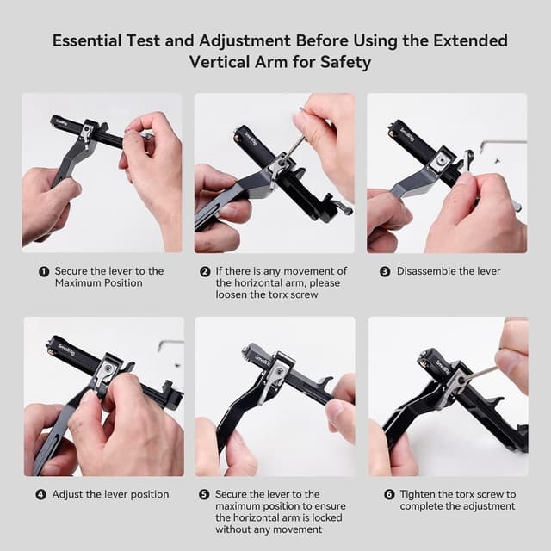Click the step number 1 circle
[x=44, y=271]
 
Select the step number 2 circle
[x=205, y=271]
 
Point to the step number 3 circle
[x=385, y=271]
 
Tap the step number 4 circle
[x=40, y=495]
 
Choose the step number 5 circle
[x=204, y=495]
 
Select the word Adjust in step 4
[x=69, y=495]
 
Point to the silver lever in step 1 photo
[x=88, y=133]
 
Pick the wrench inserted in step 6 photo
[x=478, y=374]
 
